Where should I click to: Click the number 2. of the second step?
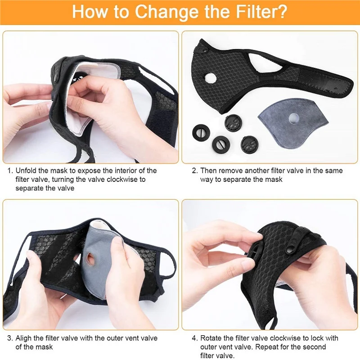point(194,171)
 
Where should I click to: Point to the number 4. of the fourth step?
point(194,338)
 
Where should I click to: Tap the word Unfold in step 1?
point(26,171)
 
